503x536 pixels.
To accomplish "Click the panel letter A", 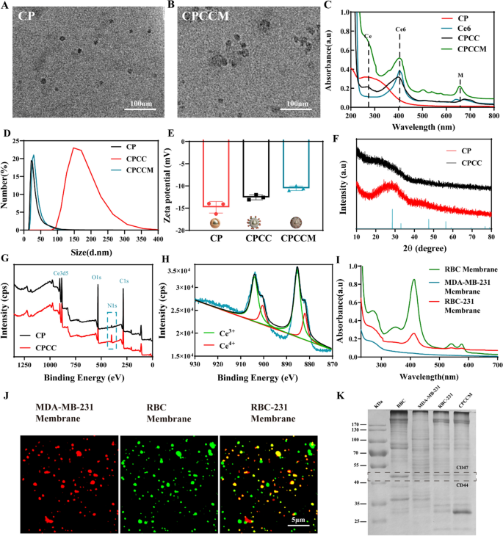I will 5,7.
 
